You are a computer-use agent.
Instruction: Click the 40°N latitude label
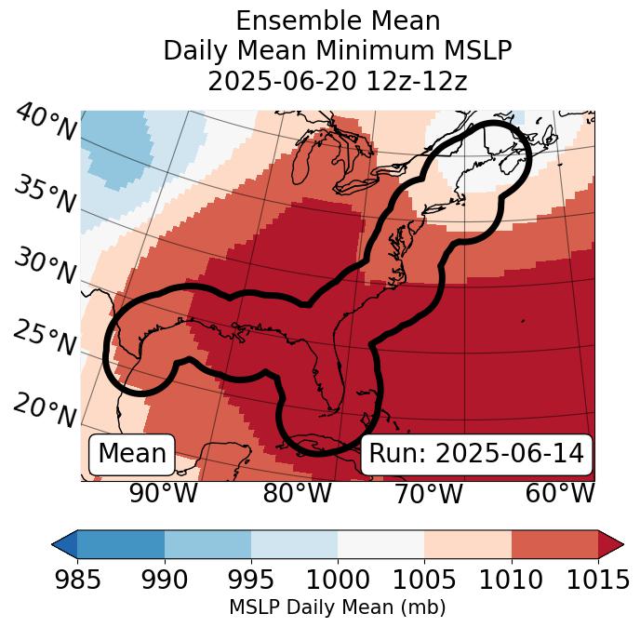coord(46,123)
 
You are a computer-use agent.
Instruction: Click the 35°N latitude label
coord(45,193)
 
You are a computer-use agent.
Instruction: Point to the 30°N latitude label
coord(45,266)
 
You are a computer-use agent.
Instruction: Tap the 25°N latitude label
coord(45,339)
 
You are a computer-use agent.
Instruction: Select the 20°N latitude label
coord(45,409)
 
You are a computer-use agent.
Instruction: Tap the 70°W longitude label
coord(428,493)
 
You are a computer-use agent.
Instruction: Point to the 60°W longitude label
coord(560,493)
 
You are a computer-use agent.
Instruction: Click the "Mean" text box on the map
coord(132,454)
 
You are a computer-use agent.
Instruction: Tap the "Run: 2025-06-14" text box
coord(476,454)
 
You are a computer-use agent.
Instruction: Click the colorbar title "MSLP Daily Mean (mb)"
coord(337,607)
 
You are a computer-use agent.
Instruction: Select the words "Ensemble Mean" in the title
coord(338,20)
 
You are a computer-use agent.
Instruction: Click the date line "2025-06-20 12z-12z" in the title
coord(338,81)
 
